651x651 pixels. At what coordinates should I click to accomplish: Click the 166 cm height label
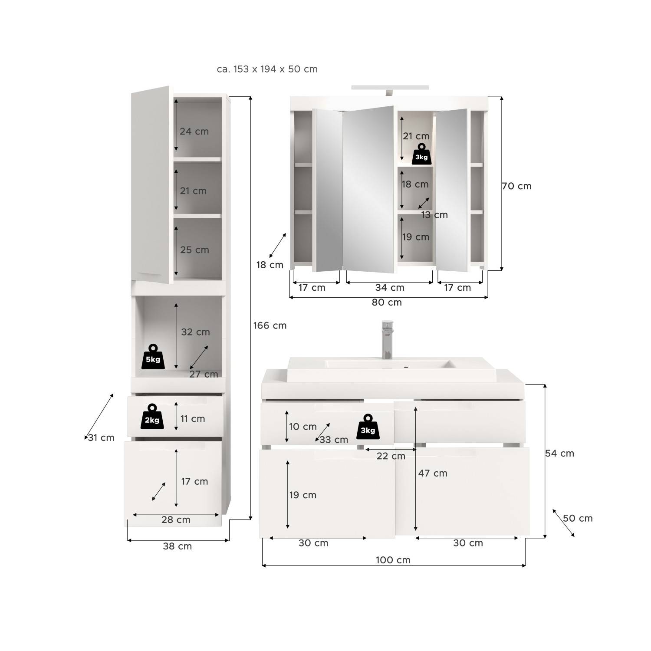(270, 325)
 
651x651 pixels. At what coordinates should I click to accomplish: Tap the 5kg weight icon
(153, 357)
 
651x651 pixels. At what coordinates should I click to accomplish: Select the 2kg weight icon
(152, 417)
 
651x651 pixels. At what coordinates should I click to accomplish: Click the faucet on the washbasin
(387, 340)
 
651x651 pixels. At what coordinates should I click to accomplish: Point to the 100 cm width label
(393, 560)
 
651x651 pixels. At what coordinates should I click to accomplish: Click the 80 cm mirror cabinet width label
(387, 302)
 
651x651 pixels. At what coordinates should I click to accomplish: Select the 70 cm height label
(516, 186)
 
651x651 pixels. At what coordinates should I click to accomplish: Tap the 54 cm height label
(559, 454)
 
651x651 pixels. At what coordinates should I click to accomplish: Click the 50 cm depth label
(578, 518)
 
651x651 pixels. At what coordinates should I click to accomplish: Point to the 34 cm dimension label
(390, 287)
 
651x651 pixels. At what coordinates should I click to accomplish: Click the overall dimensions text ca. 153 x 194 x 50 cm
(267, 69)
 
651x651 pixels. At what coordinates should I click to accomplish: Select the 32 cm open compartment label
(195, 332)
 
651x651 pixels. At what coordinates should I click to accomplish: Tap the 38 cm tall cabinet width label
(177, 546)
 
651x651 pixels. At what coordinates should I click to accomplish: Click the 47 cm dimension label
(433, 473)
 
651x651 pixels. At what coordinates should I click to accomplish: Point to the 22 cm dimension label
(391, 456)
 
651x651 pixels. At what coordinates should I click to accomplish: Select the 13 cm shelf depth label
(434, 215)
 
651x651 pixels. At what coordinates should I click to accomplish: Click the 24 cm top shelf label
(194, 132)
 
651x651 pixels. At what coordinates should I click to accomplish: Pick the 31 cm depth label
(101, 438)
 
